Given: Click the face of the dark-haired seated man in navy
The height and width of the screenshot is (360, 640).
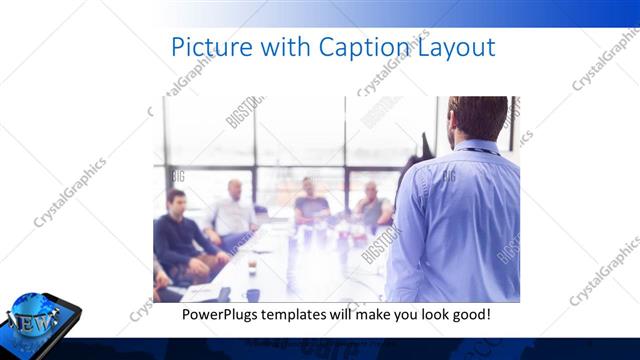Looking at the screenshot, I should [x=176, y=202].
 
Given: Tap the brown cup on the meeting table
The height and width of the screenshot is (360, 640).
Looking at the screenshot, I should [x=251, y=266].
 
